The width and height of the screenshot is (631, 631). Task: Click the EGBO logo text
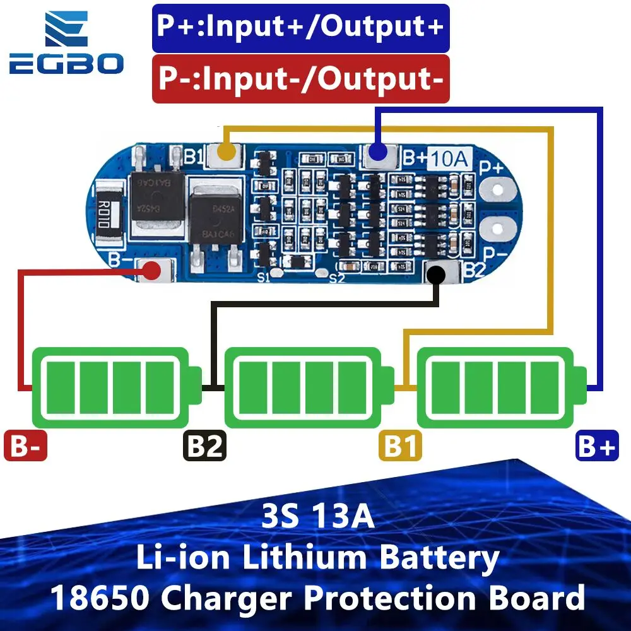[66, 64]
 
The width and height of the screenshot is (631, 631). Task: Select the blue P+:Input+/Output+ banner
[300, 28]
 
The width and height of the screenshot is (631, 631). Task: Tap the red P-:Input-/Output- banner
[300, 79]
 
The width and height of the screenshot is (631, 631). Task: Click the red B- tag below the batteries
[25, 446]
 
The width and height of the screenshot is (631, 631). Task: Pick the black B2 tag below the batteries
[205, 446]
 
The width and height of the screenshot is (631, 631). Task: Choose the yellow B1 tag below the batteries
[401, 446]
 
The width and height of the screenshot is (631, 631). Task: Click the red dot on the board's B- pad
[151, 271]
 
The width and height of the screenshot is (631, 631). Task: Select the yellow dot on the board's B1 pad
[227, 151]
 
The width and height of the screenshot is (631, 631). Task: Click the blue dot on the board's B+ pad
[377, 152]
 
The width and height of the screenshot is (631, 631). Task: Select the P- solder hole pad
[497, 228]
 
